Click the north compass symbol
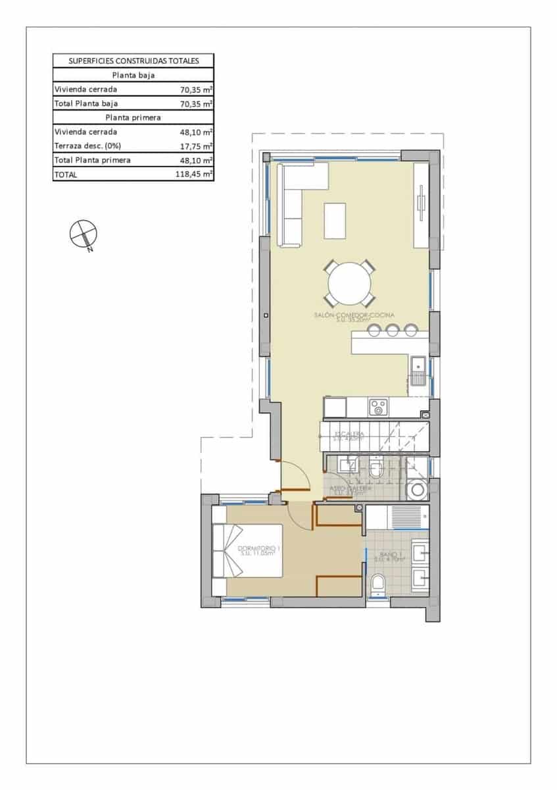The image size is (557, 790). pos(83,234)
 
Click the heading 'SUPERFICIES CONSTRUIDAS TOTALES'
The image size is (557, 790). pos(133,61)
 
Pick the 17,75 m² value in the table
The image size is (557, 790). pos(196,145)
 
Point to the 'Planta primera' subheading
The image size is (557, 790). pos(133,117)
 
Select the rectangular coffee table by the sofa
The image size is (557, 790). pos(335,221)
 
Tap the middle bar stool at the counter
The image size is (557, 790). pos(393,329)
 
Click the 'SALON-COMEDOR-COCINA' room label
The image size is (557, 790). pos(349,317)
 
